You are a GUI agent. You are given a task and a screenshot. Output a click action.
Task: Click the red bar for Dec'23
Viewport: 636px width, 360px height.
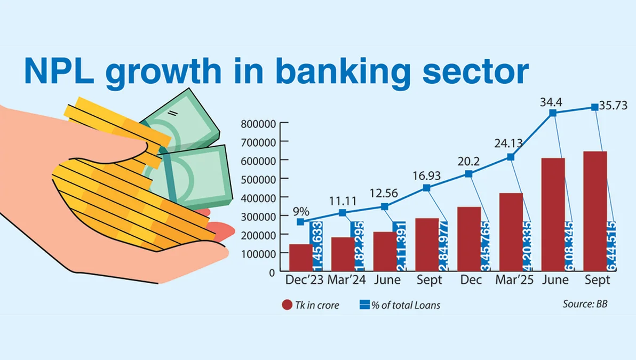pyautogui.click(x=300, y=257)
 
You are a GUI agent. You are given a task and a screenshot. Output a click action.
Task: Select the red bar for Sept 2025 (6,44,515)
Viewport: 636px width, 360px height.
pyautogui.click(x=595, y=211)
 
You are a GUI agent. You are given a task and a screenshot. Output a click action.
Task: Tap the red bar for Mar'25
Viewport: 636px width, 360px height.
pyautogui.click(x=511, y=231)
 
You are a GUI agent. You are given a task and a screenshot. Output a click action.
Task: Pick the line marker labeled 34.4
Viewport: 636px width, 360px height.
pyautogui.click(x=553, y=113)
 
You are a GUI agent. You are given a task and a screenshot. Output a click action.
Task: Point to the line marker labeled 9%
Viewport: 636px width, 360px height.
pyautogui.click(x=300, y=222)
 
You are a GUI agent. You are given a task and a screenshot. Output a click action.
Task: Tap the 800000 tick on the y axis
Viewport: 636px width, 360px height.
pyautogui.click(x=258, y=124)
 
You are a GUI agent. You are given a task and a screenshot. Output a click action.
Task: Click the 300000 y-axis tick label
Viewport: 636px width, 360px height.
pyautogui.click(x=258, y=216)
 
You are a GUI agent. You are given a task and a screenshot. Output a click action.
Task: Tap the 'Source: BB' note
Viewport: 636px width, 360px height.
pyautogui.click(x=585, y=304)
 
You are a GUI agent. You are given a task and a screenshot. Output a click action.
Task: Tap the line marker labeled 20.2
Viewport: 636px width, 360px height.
pyautogui.click(x=468, y=174)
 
